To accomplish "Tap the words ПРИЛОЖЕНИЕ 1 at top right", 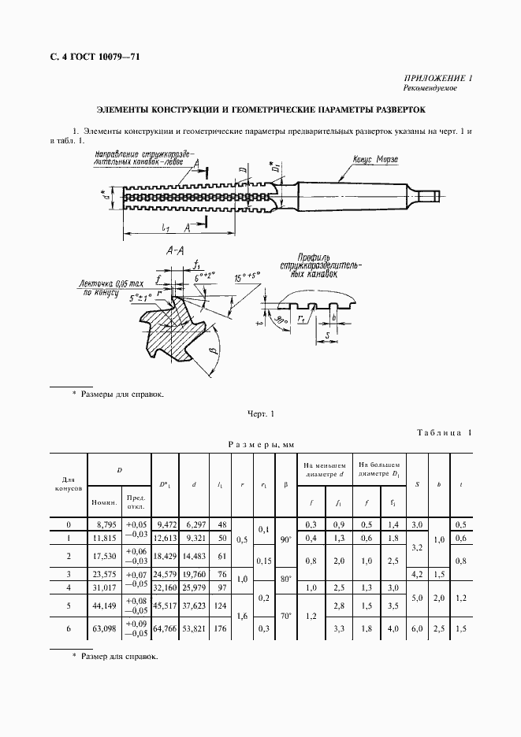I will [438, 79].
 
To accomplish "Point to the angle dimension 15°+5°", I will [247, 276].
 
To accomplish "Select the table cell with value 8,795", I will [105, 524].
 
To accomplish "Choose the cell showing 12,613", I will [165, 538].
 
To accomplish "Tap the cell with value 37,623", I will [195, 607].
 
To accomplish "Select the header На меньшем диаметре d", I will [324, 470].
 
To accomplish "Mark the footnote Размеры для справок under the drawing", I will [122, 394].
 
